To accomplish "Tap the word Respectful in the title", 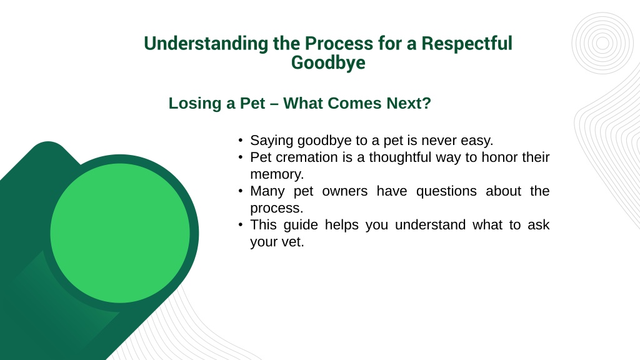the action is click(466, 43).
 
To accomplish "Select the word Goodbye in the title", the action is click(328, 63).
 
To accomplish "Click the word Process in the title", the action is click(339, 43).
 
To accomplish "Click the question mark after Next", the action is click(427, 103).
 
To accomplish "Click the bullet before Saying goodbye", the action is click(241, 141).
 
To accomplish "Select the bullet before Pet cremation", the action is click(241, 157).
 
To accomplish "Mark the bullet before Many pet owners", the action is click(241, 191).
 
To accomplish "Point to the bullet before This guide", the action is click(241, 225).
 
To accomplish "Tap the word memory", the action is click(277, 175).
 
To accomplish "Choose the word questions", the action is click(446, 191).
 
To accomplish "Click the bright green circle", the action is click(120, 233).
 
